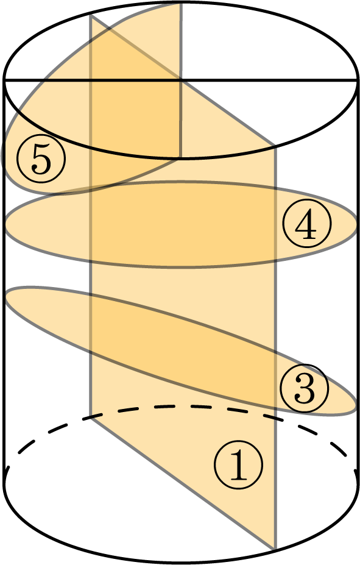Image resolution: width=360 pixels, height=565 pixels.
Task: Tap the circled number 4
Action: (306, 223)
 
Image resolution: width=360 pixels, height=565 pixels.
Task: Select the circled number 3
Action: (305, 388)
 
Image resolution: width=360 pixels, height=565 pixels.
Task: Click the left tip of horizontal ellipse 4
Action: (5, 224)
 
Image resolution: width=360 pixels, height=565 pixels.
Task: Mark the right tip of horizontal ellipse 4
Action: (358, 224)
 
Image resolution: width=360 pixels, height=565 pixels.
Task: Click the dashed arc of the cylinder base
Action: (180, 406)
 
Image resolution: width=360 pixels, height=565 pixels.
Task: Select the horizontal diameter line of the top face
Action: (181, 80)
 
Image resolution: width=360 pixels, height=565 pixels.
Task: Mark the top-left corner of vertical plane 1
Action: (90, 15)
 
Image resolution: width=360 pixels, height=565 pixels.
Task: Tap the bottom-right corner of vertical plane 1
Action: (275, 549)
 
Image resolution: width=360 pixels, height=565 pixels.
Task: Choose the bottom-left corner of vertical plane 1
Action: (90, 418)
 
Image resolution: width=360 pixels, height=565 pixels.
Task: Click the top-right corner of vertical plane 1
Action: (275, 146)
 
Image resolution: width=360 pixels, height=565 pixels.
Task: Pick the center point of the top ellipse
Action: (181, 80)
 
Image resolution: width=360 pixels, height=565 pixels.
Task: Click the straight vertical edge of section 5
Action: (180, 80)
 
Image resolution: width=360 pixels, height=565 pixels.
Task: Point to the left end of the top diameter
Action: (4, 80)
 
